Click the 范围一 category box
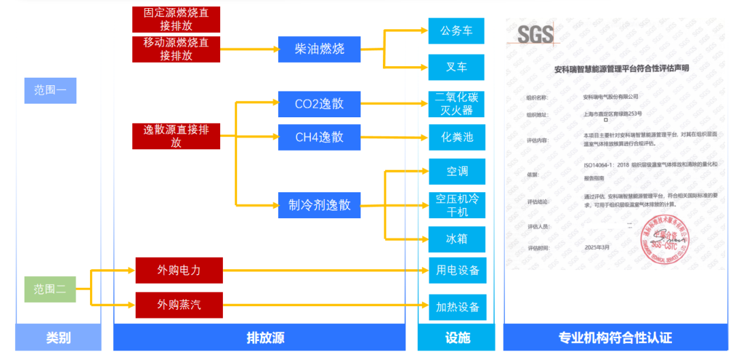[50, 90]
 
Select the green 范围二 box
[50, 289]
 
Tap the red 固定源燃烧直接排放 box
[176, 19]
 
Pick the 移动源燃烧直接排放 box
[176, 49]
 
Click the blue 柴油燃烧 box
[319, 49]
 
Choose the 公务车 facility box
[456, 31]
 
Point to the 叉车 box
[456, 67]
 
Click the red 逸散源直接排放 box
[176, 136]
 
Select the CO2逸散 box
[319, 104]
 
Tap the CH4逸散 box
[319, 138]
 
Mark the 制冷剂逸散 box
[319, 205]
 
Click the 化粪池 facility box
[456, 138]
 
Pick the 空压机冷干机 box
[457, 205]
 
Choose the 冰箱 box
[456, 239]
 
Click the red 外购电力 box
[179, 270]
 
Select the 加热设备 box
[457, 307]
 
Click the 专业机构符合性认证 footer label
[615, 337]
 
